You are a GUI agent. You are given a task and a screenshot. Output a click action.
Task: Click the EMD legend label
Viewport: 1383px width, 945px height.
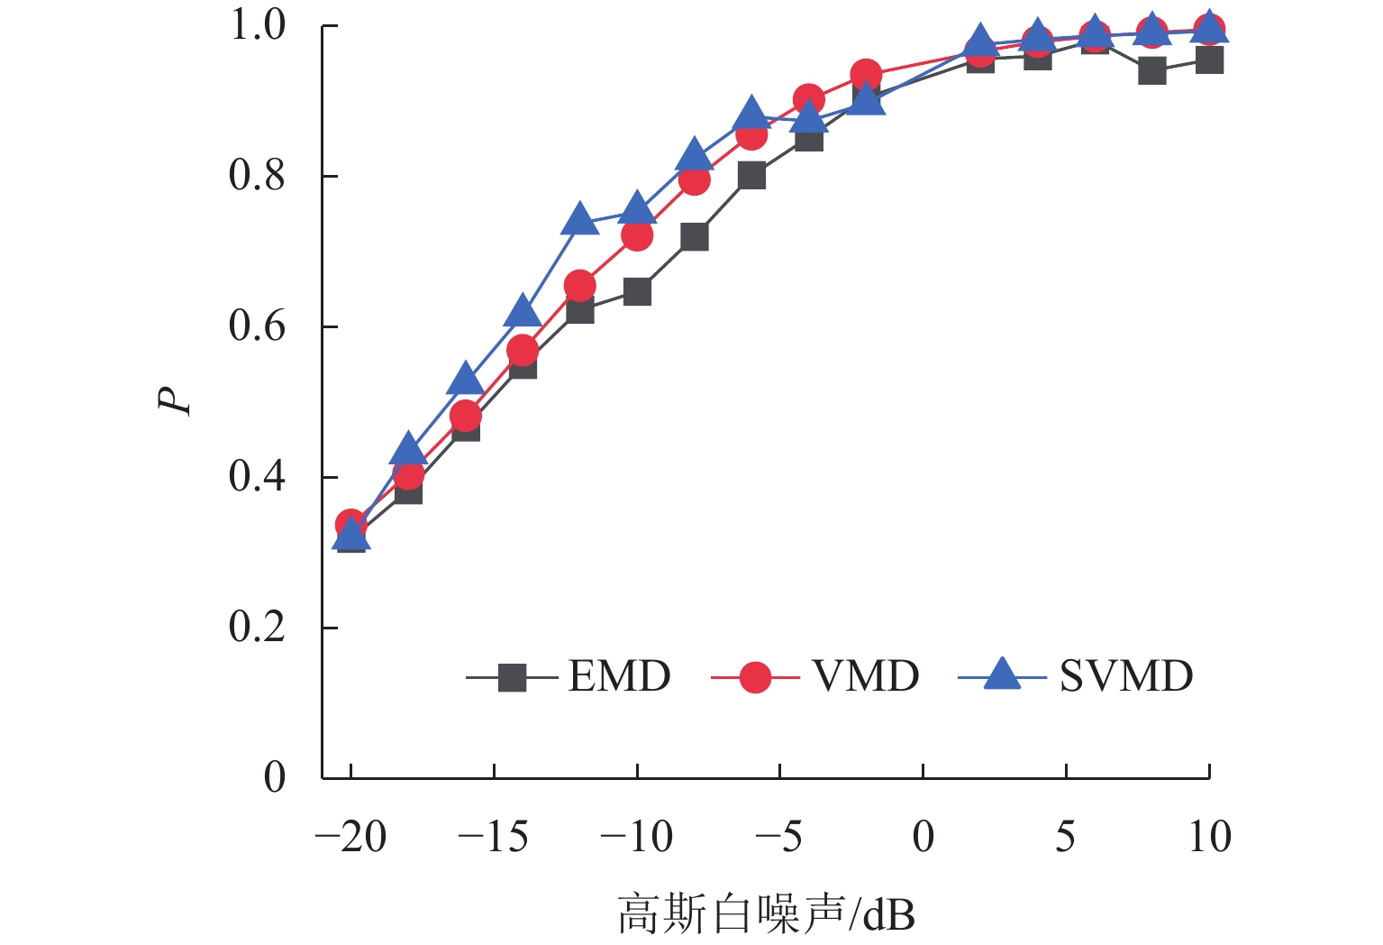click(x=619, y=676)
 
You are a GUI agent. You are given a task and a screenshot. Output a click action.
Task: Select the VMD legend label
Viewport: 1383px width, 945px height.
click(x=865, y=676)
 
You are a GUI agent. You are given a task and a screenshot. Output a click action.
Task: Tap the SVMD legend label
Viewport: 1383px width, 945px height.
click(x=1125, y=676)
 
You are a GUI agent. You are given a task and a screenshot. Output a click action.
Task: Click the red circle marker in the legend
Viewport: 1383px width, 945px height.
click(x=755, y=676)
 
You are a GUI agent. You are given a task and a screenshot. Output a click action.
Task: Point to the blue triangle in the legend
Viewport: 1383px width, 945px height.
click(x=1001, y=674)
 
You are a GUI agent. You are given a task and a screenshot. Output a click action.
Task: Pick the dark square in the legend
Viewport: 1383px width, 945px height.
click(x=512, y=677)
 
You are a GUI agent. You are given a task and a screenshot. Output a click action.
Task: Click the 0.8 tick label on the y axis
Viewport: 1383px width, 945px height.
click(x=257, y=176)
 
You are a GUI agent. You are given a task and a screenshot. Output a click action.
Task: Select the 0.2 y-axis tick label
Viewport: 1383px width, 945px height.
click(x=257, y=628)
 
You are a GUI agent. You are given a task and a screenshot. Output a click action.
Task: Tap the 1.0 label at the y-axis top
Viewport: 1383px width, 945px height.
click(x=257, y=25)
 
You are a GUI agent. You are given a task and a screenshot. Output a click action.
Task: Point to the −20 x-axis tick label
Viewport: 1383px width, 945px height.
click(x=350, y=838)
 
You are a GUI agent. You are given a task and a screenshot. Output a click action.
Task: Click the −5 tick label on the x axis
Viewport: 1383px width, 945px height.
click(x=779, y=838)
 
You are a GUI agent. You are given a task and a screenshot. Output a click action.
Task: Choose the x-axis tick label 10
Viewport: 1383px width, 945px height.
click(x=1209, y=838)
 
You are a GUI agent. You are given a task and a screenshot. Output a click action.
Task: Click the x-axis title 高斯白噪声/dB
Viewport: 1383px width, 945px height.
click(x=766, y=914)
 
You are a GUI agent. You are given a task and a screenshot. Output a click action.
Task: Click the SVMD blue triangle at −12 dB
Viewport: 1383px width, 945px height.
click(x=580, y=220)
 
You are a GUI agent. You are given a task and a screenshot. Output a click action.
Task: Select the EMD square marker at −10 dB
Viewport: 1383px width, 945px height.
click(x=637, y=292)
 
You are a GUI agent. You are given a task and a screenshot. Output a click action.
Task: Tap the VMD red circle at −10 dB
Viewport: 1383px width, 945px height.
click(x=637, y=236)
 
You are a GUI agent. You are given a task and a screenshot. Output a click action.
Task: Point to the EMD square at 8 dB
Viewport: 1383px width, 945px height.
click(x=1151, y=70)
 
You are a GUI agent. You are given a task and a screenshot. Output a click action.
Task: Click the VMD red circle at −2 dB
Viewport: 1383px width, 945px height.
click(x=866, y=75)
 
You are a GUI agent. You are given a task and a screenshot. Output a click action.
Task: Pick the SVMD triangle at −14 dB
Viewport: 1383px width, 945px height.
click(x=523, y=312)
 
